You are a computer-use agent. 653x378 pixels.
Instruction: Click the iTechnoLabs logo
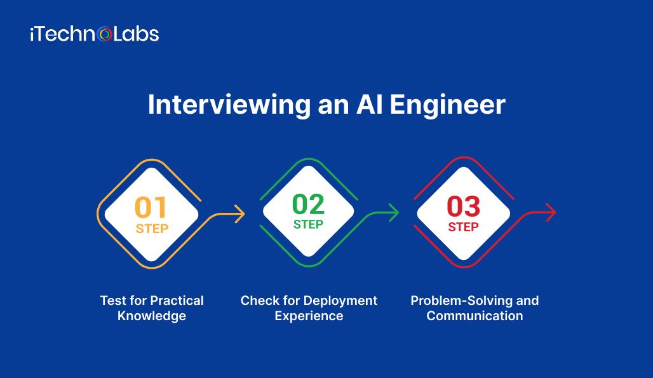click(x=94, y=34)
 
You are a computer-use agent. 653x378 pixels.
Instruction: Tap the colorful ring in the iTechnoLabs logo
click(x=105, y=34)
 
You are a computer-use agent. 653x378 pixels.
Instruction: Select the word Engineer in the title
click(x=447, y=105)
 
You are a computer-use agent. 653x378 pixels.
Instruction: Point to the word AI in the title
click(x=367, y=105)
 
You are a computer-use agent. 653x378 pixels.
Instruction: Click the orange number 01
click(x=151, y=207)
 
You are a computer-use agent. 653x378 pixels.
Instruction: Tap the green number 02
click(x=308, y=204)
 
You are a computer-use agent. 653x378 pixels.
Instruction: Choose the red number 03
click(x=463, y=207)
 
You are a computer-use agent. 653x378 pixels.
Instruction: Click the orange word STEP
click(x=151, y=228)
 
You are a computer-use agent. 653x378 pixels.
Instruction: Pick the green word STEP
click(x=308, y=224)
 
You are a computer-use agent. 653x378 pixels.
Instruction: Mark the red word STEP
click(x=463, y=227)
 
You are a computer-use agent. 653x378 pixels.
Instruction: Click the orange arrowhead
click(x=239, y=214)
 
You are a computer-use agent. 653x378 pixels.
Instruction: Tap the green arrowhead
click(x=394, y=213)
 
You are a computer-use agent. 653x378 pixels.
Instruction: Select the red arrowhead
click(x=551, y=212)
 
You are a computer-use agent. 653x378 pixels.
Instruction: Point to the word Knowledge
click(x=152, y=316)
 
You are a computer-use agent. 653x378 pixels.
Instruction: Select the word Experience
click(x=309, y=316)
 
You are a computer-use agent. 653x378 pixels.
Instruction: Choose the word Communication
click(x=475, y=316)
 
